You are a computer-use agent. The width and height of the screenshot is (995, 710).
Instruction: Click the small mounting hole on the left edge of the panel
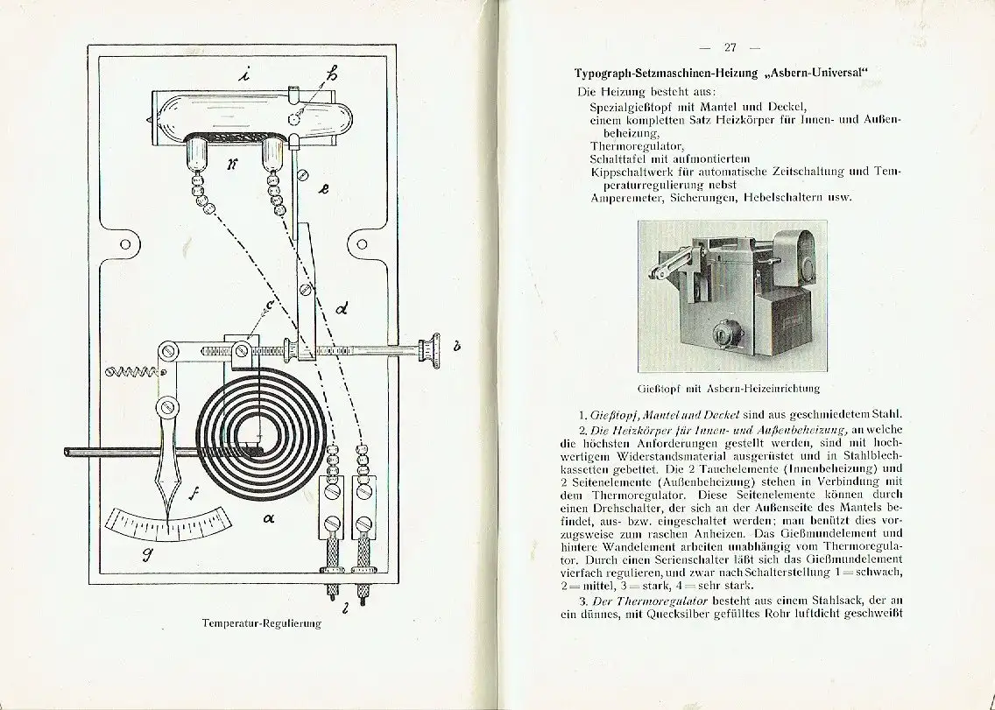coord(124,244)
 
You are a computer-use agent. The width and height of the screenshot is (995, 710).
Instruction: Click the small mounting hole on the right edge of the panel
coord(360,244)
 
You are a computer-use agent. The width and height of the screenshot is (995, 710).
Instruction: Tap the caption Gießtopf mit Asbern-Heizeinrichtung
coord(729,388)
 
